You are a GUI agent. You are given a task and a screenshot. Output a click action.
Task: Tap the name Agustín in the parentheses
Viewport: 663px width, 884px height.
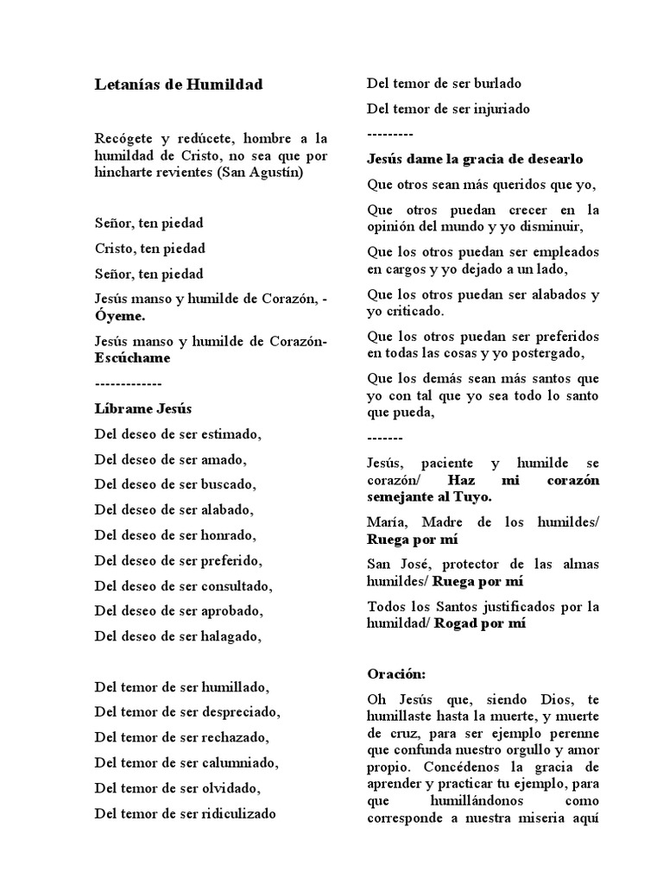coord(277,172)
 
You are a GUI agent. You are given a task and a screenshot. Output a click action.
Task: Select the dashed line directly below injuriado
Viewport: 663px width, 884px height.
coord(389,134)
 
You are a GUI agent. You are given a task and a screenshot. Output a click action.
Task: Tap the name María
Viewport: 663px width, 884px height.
coord(386,521)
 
